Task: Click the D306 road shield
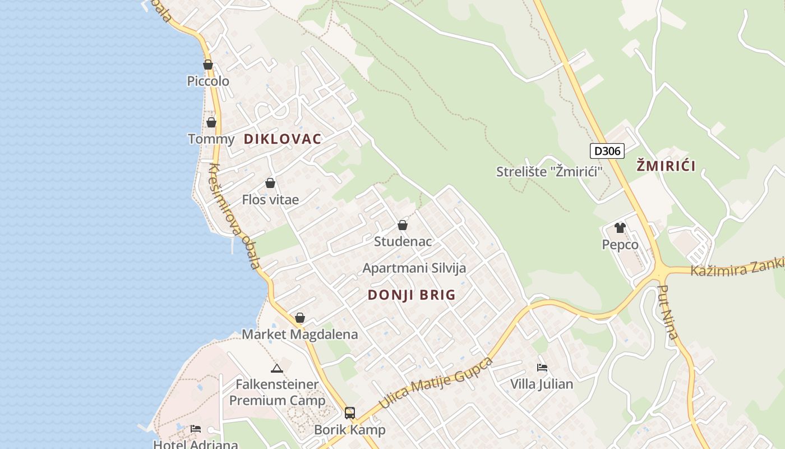[x=607, y=150]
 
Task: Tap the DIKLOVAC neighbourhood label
[x=283, y=139]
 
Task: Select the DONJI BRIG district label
[x=412, y=295]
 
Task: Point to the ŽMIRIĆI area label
[x=666, y=166]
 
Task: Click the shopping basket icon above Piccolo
[x=208, y=65]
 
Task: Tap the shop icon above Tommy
[x=211, y=122]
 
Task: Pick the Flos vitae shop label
[x=270, y=200]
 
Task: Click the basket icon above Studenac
[x=403, y=226]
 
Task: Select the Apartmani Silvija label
[x=414, y=268]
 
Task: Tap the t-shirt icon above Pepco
[x=620, y=228]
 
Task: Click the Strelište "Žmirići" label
[x=549, y=172]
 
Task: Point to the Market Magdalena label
[x=299, y=335]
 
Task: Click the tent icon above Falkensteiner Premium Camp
[x=276, y=369]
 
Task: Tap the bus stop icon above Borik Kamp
[x=350, y=414]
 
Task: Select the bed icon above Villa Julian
[x=542, y=368]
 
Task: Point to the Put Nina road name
[x=668, y=313]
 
